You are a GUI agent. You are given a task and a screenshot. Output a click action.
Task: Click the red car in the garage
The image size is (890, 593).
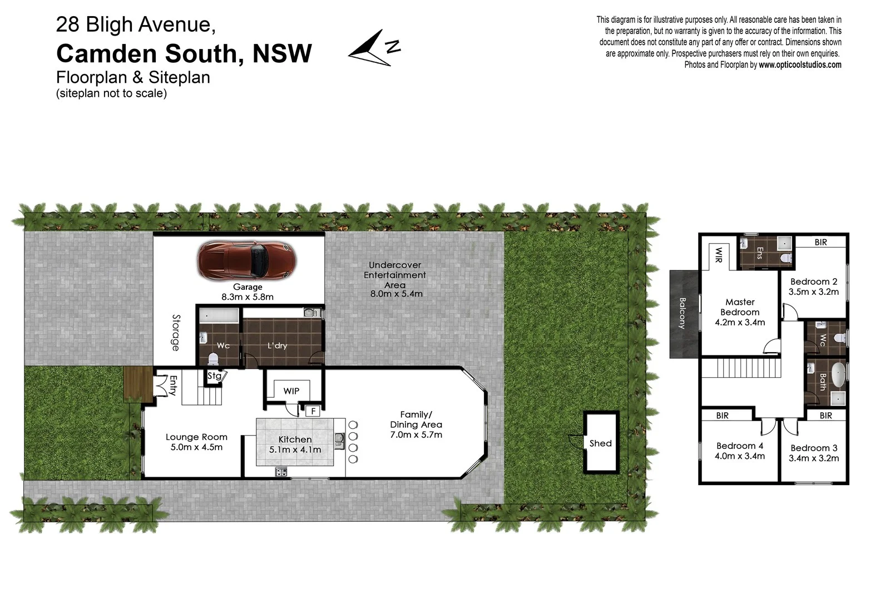coord(246,261)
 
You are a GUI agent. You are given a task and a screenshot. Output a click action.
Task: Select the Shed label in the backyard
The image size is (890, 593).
coord(600,443)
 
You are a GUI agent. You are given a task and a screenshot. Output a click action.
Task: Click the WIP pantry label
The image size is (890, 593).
coord(291,391)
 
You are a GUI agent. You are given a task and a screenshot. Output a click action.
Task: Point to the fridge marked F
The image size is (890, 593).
coord(313,411)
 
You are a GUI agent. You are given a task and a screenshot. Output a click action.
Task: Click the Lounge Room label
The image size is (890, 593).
coord(196,437)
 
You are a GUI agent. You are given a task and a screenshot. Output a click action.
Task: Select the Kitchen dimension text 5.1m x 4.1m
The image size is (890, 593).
coord(295,449)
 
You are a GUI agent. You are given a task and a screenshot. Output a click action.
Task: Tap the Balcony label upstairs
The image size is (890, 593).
coord(683,313)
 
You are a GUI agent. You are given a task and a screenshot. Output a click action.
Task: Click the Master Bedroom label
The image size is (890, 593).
coord(740,307)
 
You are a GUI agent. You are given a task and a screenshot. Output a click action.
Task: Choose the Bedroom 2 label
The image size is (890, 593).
coord(813,281)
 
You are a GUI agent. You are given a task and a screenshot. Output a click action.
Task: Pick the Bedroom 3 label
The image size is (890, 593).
coord(813,448)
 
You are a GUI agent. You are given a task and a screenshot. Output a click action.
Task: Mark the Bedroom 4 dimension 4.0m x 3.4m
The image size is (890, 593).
coord(739,456)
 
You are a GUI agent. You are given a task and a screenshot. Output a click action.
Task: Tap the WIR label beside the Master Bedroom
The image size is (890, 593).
coord(718,255)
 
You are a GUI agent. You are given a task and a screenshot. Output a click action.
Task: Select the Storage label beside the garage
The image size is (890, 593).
coord(176,333)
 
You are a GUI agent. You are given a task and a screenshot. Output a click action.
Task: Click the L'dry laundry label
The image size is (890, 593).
coord(277,345)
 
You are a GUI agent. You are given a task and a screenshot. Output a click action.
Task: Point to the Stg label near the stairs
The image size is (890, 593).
coord(214,376)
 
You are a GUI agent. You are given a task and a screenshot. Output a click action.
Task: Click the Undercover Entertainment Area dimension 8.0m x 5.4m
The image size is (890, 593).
coord(396,294)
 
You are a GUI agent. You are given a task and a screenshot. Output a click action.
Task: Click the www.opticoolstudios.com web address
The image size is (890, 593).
coord(799,65)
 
